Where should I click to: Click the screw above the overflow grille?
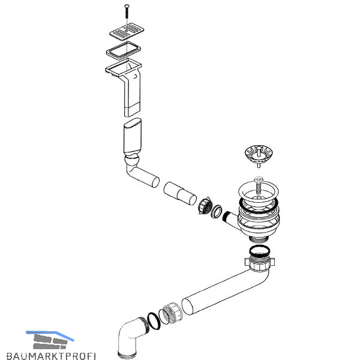point(127,11)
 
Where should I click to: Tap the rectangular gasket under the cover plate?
point(124,50)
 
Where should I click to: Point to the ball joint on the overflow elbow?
point(131,159)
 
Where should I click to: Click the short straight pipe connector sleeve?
point(180,193)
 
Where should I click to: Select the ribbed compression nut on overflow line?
point(205,205)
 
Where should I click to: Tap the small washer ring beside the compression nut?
point(216,211)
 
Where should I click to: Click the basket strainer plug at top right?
point(259,155)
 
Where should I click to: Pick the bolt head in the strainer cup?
point(259,179)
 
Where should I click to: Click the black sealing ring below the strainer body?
point(259,251)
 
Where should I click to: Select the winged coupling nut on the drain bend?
point(259,263)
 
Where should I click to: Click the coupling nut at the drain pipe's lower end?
point(172,313)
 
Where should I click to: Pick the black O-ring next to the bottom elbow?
point(154,321)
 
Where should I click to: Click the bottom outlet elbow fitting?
point(132,337)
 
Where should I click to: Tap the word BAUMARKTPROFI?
point(51,356)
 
